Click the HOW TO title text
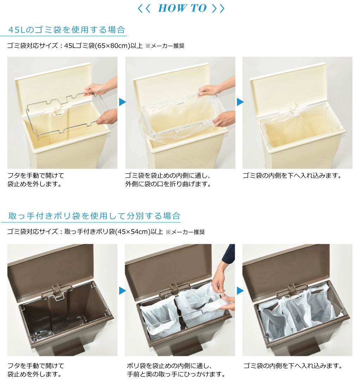[x=182, y=8]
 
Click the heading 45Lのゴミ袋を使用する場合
[x=67, y=30]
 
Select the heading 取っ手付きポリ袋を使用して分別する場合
[x=94, y=216]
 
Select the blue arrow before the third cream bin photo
[x=240, y=102]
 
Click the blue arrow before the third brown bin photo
[x=240, y=291]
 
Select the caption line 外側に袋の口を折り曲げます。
[x=168, y=184]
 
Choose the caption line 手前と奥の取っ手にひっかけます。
[x=176, y=374]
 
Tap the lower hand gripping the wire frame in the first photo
[x=107, y=117]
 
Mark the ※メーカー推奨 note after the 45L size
[x=165, y=46]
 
